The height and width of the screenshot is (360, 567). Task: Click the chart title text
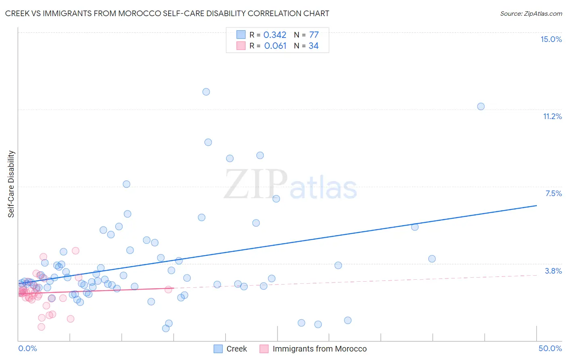tap(167, 13)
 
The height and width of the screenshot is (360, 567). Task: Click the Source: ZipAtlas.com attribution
tap(531, 13)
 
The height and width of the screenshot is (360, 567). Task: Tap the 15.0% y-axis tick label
tap(551, 39)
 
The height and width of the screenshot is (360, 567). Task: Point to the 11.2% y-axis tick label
tap(552, 116)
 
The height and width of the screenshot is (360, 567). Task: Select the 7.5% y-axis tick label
tap(553, 193)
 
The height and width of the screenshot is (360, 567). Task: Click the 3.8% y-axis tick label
tap(553, 271)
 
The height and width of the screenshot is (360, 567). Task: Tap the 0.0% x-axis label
tap(27, 348)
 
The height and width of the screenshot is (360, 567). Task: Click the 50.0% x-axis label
tap(550, 348)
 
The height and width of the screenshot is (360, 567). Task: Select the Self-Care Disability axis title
tap(11, 184)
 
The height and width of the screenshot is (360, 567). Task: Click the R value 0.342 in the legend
tap(275, 35)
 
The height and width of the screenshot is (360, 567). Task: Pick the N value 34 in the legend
tap(313, 46)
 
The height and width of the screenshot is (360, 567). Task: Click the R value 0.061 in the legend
tap(275, 46)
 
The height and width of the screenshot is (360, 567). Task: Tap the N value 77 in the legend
tap(314, 35)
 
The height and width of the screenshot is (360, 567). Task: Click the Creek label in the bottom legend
tap(236, 349)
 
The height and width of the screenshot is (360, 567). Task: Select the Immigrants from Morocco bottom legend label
tap(319, 349)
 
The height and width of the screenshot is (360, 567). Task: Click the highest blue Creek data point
tap(206, 92)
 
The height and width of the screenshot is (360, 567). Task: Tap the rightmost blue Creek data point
tap(481, 107)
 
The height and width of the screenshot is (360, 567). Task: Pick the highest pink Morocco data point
tap(75, 251)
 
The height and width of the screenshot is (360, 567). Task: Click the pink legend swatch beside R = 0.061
tap(241, 46)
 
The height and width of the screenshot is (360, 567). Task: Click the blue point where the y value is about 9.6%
tap(208, 142)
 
